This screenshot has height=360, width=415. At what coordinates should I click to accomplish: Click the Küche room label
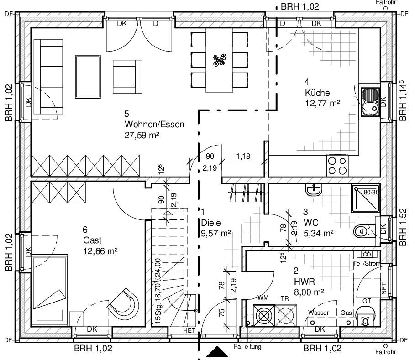coord(317,93)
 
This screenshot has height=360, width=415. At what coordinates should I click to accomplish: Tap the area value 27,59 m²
coord(142,136)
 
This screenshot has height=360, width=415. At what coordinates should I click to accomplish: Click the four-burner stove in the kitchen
coord(337,166)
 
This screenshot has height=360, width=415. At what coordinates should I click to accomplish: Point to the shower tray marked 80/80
coord(366,198)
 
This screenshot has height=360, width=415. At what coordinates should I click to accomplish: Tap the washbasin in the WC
coord(314,190)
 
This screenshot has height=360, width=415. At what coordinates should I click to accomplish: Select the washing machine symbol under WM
coord(264,316)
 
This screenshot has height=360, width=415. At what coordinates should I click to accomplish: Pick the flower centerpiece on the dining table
coord(220,60)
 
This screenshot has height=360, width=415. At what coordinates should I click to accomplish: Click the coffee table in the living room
coord(88,77)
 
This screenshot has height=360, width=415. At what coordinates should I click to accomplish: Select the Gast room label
coord(92,240)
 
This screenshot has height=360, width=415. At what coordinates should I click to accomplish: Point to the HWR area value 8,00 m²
coord(309,292)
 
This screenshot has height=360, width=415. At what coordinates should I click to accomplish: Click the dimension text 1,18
coord(243,156)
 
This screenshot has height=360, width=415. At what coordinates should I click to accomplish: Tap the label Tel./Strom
coord(367,263)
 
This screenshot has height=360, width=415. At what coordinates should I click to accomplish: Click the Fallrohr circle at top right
coord(386,8)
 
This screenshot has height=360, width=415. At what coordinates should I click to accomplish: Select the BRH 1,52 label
coord(403,227)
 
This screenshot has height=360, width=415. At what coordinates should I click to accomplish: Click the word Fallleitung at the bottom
coord(247,346)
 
